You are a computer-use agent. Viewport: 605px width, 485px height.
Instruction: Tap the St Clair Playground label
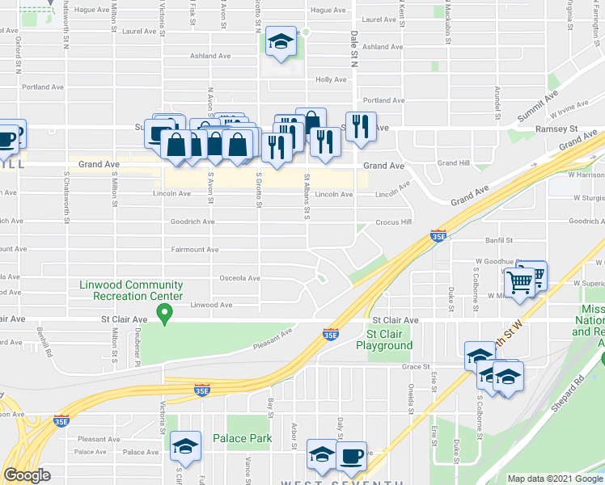click(390, 339)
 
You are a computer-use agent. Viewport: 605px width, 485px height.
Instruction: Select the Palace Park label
click(242, 438)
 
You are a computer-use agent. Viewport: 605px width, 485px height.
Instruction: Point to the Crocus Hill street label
click(393, 221)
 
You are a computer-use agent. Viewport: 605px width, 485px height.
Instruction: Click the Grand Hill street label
click(453, 162)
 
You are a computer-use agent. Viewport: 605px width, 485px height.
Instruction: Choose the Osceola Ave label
click(240, 278)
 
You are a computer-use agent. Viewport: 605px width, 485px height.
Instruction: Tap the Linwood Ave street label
click(211, 305)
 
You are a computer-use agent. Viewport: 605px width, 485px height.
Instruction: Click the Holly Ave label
click(330, 80)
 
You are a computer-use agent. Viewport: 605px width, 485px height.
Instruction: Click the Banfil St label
click(499, 240)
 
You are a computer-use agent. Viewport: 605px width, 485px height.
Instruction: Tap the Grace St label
click(413, 366)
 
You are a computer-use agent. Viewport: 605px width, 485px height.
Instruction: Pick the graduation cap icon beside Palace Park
click(185, 447)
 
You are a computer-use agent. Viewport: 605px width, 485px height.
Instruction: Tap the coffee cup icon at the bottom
click(351, 455)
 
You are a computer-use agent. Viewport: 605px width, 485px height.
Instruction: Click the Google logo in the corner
click(27, 475)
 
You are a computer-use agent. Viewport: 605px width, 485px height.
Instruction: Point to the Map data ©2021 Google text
click(554, 479)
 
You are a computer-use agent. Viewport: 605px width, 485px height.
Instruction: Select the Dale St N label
click(354, 48)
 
